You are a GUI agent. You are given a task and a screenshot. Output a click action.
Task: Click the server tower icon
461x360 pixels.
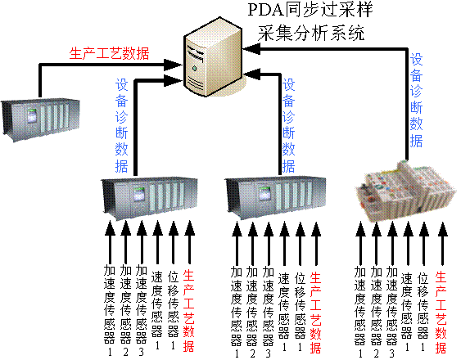point(213,56)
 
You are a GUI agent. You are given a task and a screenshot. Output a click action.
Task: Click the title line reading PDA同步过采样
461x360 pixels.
point(310,10)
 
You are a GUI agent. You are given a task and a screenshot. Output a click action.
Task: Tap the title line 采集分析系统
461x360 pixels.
point(311,33)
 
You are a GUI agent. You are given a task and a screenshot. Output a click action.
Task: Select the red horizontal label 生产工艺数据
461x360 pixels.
point(110,53)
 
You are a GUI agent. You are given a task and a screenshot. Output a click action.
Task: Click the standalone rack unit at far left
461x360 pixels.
point(40,120)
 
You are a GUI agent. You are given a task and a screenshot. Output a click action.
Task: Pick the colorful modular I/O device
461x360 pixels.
point(406,191)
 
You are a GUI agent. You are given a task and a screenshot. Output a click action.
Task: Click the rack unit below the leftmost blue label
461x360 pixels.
point(149,198)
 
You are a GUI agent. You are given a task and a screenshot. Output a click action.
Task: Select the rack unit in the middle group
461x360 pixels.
point(276,198)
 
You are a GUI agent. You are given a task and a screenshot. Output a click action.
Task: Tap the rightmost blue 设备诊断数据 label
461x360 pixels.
point(417,101)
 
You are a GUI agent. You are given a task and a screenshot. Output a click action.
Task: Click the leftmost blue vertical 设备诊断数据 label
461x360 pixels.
point(122,125)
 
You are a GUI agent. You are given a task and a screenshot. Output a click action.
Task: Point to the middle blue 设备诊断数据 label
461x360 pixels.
point(289,125)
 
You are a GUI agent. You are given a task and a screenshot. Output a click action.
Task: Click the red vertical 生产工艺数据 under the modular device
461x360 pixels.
point(441,313)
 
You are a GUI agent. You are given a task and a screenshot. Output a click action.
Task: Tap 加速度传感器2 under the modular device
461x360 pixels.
point(377,312)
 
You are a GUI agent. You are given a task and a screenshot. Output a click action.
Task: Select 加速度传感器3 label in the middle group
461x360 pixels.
point(268,312)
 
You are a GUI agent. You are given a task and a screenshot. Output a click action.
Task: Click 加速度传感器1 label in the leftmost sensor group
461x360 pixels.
point(110,311)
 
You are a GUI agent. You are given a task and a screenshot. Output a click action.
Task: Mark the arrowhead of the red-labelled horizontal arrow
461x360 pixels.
point(173,65)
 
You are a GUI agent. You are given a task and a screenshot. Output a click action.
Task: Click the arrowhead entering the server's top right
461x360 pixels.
point(251,49)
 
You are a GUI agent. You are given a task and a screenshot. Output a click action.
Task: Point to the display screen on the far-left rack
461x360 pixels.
point(32,115)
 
